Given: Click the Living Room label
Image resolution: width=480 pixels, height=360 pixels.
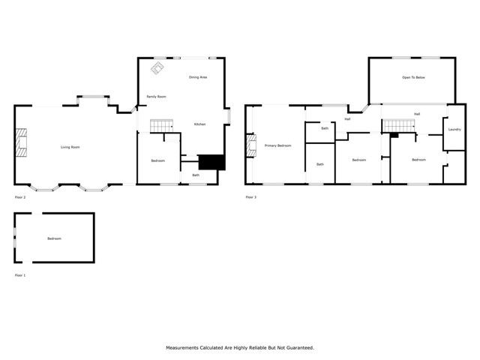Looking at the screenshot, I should click(70, 147).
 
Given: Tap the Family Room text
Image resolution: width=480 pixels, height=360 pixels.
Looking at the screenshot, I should click(156, 97).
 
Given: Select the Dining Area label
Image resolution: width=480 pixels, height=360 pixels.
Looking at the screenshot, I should click(198, 77).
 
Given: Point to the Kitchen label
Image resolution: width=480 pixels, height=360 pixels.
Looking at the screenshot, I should click(200, 124).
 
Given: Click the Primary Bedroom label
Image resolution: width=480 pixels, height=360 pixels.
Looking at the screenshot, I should click(277, 145).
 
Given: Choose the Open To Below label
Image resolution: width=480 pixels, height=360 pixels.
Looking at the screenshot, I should click(412, 77).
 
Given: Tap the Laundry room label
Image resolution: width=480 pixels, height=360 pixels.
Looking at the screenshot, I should click(454, 130).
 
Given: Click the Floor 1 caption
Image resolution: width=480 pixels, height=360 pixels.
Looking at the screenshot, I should click(20, 275).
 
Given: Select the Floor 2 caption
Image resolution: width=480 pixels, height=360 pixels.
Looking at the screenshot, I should click(20, 197).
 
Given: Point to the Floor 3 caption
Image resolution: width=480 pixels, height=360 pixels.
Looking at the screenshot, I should click(250, 197).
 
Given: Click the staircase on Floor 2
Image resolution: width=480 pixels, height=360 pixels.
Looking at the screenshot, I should click(161, 125).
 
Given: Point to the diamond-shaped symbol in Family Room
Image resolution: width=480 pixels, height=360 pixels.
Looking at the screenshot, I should click(157, 68).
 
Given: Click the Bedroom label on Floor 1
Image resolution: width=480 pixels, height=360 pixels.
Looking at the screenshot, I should click(54, 238).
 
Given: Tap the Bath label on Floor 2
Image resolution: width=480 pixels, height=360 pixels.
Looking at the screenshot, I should click(196, 175).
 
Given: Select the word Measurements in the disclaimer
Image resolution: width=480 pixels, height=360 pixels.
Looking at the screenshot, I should click(183, 348).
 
